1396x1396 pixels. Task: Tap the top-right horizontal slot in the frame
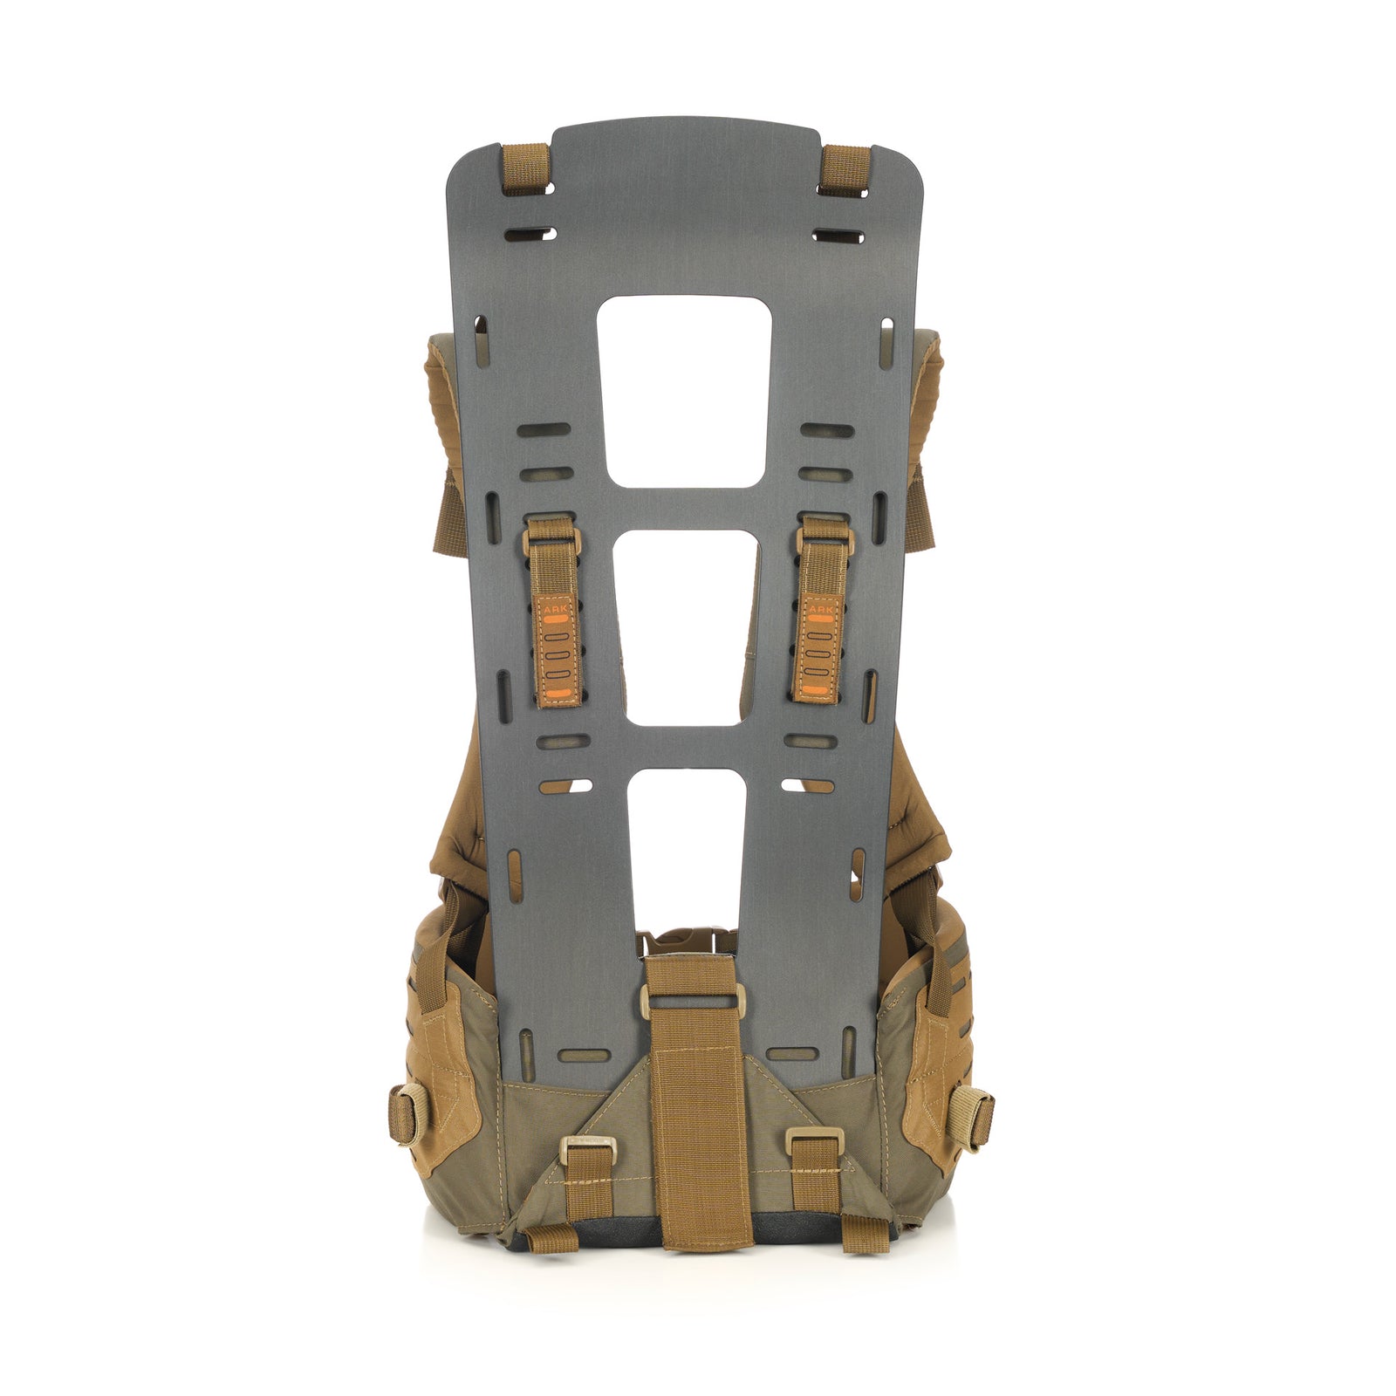(838, 235)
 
